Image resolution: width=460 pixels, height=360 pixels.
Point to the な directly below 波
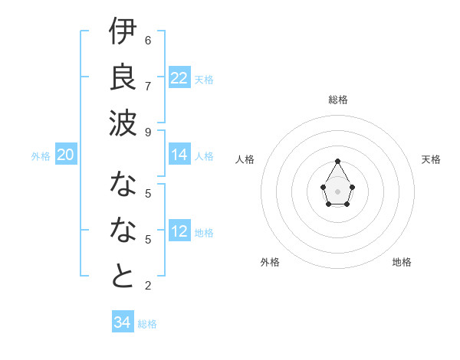pos(123,184)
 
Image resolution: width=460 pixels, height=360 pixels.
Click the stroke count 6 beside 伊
pos(148,40)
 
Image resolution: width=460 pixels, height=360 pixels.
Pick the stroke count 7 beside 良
pos(148,85)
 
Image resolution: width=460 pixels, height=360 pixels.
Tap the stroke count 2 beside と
pos(148,286)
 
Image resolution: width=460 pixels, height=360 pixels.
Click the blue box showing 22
pos(179,78)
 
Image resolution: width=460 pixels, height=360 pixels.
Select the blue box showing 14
pos(179,155)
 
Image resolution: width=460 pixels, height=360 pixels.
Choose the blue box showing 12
pos(179,231)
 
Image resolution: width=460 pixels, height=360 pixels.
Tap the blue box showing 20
pos(65,155)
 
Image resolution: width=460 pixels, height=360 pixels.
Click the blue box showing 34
pos(122,322)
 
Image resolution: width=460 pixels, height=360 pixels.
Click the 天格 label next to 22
pos(204,80)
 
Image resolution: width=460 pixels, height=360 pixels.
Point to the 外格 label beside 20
pos(41,156)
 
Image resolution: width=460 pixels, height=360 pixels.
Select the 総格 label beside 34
pos(147,324)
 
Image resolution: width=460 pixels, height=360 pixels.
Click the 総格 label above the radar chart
pos(338,100)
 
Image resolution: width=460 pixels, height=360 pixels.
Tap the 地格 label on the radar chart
pos(402,262)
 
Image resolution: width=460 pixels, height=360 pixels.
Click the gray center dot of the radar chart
pos(338,191)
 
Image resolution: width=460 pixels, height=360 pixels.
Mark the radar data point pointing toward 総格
pos(338,161)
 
